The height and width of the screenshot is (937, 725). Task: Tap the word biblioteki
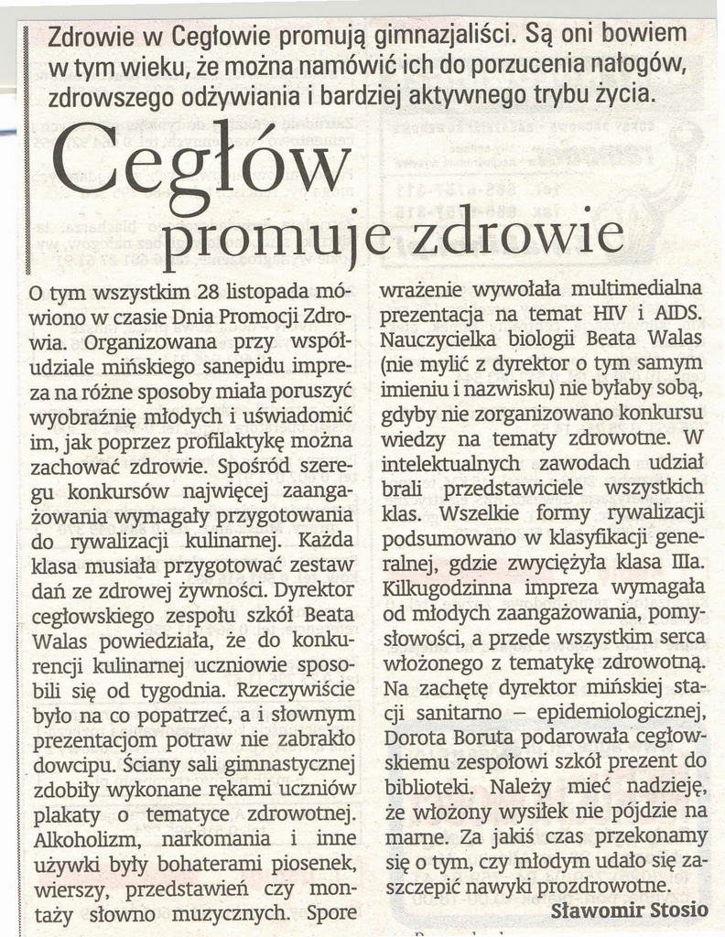tap(421, 785)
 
